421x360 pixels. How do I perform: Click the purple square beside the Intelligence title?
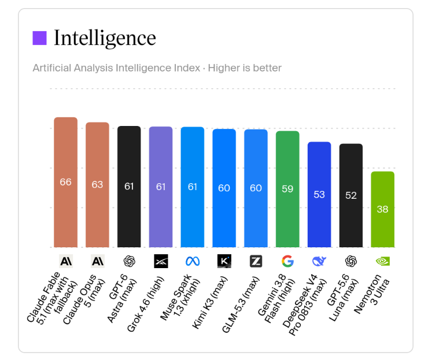pyautogui.click(x=39, y=38)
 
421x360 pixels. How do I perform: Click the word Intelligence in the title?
pyautogui.click(x=105, y=38)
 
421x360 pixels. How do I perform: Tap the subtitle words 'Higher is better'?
pyautogui.click(x=245, y=68)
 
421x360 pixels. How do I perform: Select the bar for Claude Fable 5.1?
pyautogui.click(x=65, y=182)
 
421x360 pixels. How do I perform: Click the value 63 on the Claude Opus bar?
pyautogui.click(x=97, y=184)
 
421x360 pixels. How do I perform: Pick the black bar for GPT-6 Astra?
pyautogui.click(x=129, y=187)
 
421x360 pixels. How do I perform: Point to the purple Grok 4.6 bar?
pyautogui.click(x=161, y=187)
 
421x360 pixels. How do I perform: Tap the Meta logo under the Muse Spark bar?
pyautogui.click(x=193, y=261)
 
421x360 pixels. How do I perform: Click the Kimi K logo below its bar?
pyautogui.click(x=224, y=261)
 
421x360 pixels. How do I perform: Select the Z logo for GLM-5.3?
pyautogui.click(x=256, y=261)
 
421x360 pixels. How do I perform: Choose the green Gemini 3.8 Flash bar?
pyautogui.click(x=287, y=189)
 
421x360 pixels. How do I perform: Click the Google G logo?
pyautogui.click(x=287, y=261)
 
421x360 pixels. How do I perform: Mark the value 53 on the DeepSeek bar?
pyautogui.click(x=319, y=195)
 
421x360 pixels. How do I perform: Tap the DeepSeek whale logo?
pyautogui.click(x=319, y=261)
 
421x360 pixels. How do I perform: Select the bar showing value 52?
pyautogui.click(x=351, y=195)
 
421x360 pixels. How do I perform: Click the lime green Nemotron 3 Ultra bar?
pyautogui.click(x=383, y=209)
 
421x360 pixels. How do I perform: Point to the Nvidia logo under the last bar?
pyautogui.click(x=383, y=261)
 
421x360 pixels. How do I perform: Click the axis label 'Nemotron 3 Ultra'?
pyautogui.click(x=372, y=294)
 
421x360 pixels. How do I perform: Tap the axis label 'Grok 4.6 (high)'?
pyautogui.click(x=145, y=304)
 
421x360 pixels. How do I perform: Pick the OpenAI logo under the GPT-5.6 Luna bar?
pyautogui.click(x=351, y=261)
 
